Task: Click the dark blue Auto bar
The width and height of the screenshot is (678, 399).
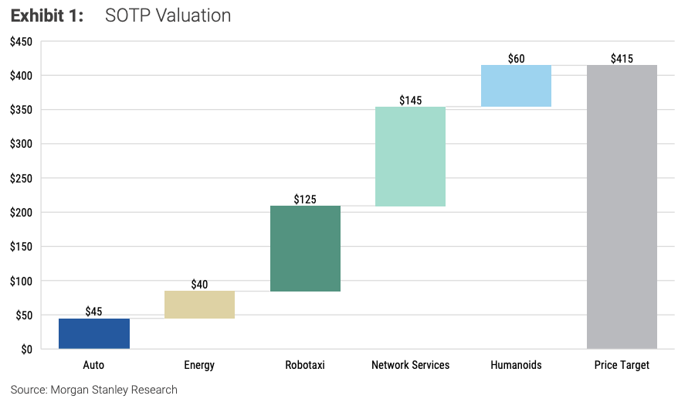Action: pos(94,333)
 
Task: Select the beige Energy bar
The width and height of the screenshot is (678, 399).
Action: pos(199,305)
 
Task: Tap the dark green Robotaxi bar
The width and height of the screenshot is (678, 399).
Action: pos(305,248)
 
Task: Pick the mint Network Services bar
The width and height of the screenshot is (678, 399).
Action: pos(410,156)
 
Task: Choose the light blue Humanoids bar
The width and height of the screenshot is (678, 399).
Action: pos(516,86)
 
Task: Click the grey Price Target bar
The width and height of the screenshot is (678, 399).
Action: pos(622,206)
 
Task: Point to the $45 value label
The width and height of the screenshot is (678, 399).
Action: pos(94,312)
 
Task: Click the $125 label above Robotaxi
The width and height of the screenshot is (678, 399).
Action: pos(305,199)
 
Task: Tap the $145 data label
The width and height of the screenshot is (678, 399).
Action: pos(410,101)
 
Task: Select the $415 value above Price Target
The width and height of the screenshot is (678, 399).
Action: pos(622,59)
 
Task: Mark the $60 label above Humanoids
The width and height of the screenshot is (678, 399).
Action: pos(516,59)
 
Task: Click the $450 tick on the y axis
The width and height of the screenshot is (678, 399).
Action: pos(21,42)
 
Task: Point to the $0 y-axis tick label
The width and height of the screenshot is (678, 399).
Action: pos(25,350)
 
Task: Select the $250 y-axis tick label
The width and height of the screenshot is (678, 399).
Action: pos(21,179)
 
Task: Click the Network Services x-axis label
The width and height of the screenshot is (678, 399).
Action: pos(410,365)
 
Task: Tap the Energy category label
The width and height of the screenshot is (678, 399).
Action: pos(199,365)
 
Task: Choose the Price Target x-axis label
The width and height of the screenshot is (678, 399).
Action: pos(622,365)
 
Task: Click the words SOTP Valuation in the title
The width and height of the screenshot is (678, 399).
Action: pos(168,15)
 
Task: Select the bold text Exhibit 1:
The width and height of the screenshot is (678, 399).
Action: pos(47,15)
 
